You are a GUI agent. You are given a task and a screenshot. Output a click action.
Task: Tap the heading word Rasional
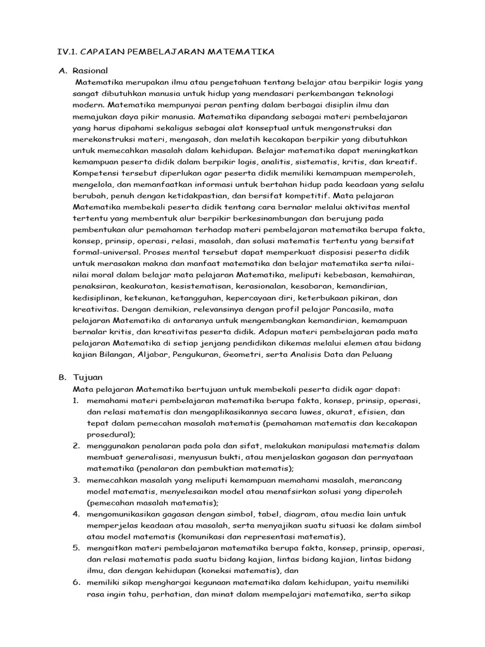[x=90, y=70]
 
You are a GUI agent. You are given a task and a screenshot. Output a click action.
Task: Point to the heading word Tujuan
[x=88, y=377]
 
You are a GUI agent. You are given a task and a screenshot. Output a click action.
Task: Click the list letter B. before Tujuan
[x=62, y=377]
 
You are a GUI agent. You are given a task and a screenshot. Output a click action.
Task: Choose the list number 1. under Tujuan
[x=76, y=401]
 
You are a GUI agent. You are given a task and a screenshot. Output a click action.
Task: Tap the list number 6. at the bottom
[x=76, y=582]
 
